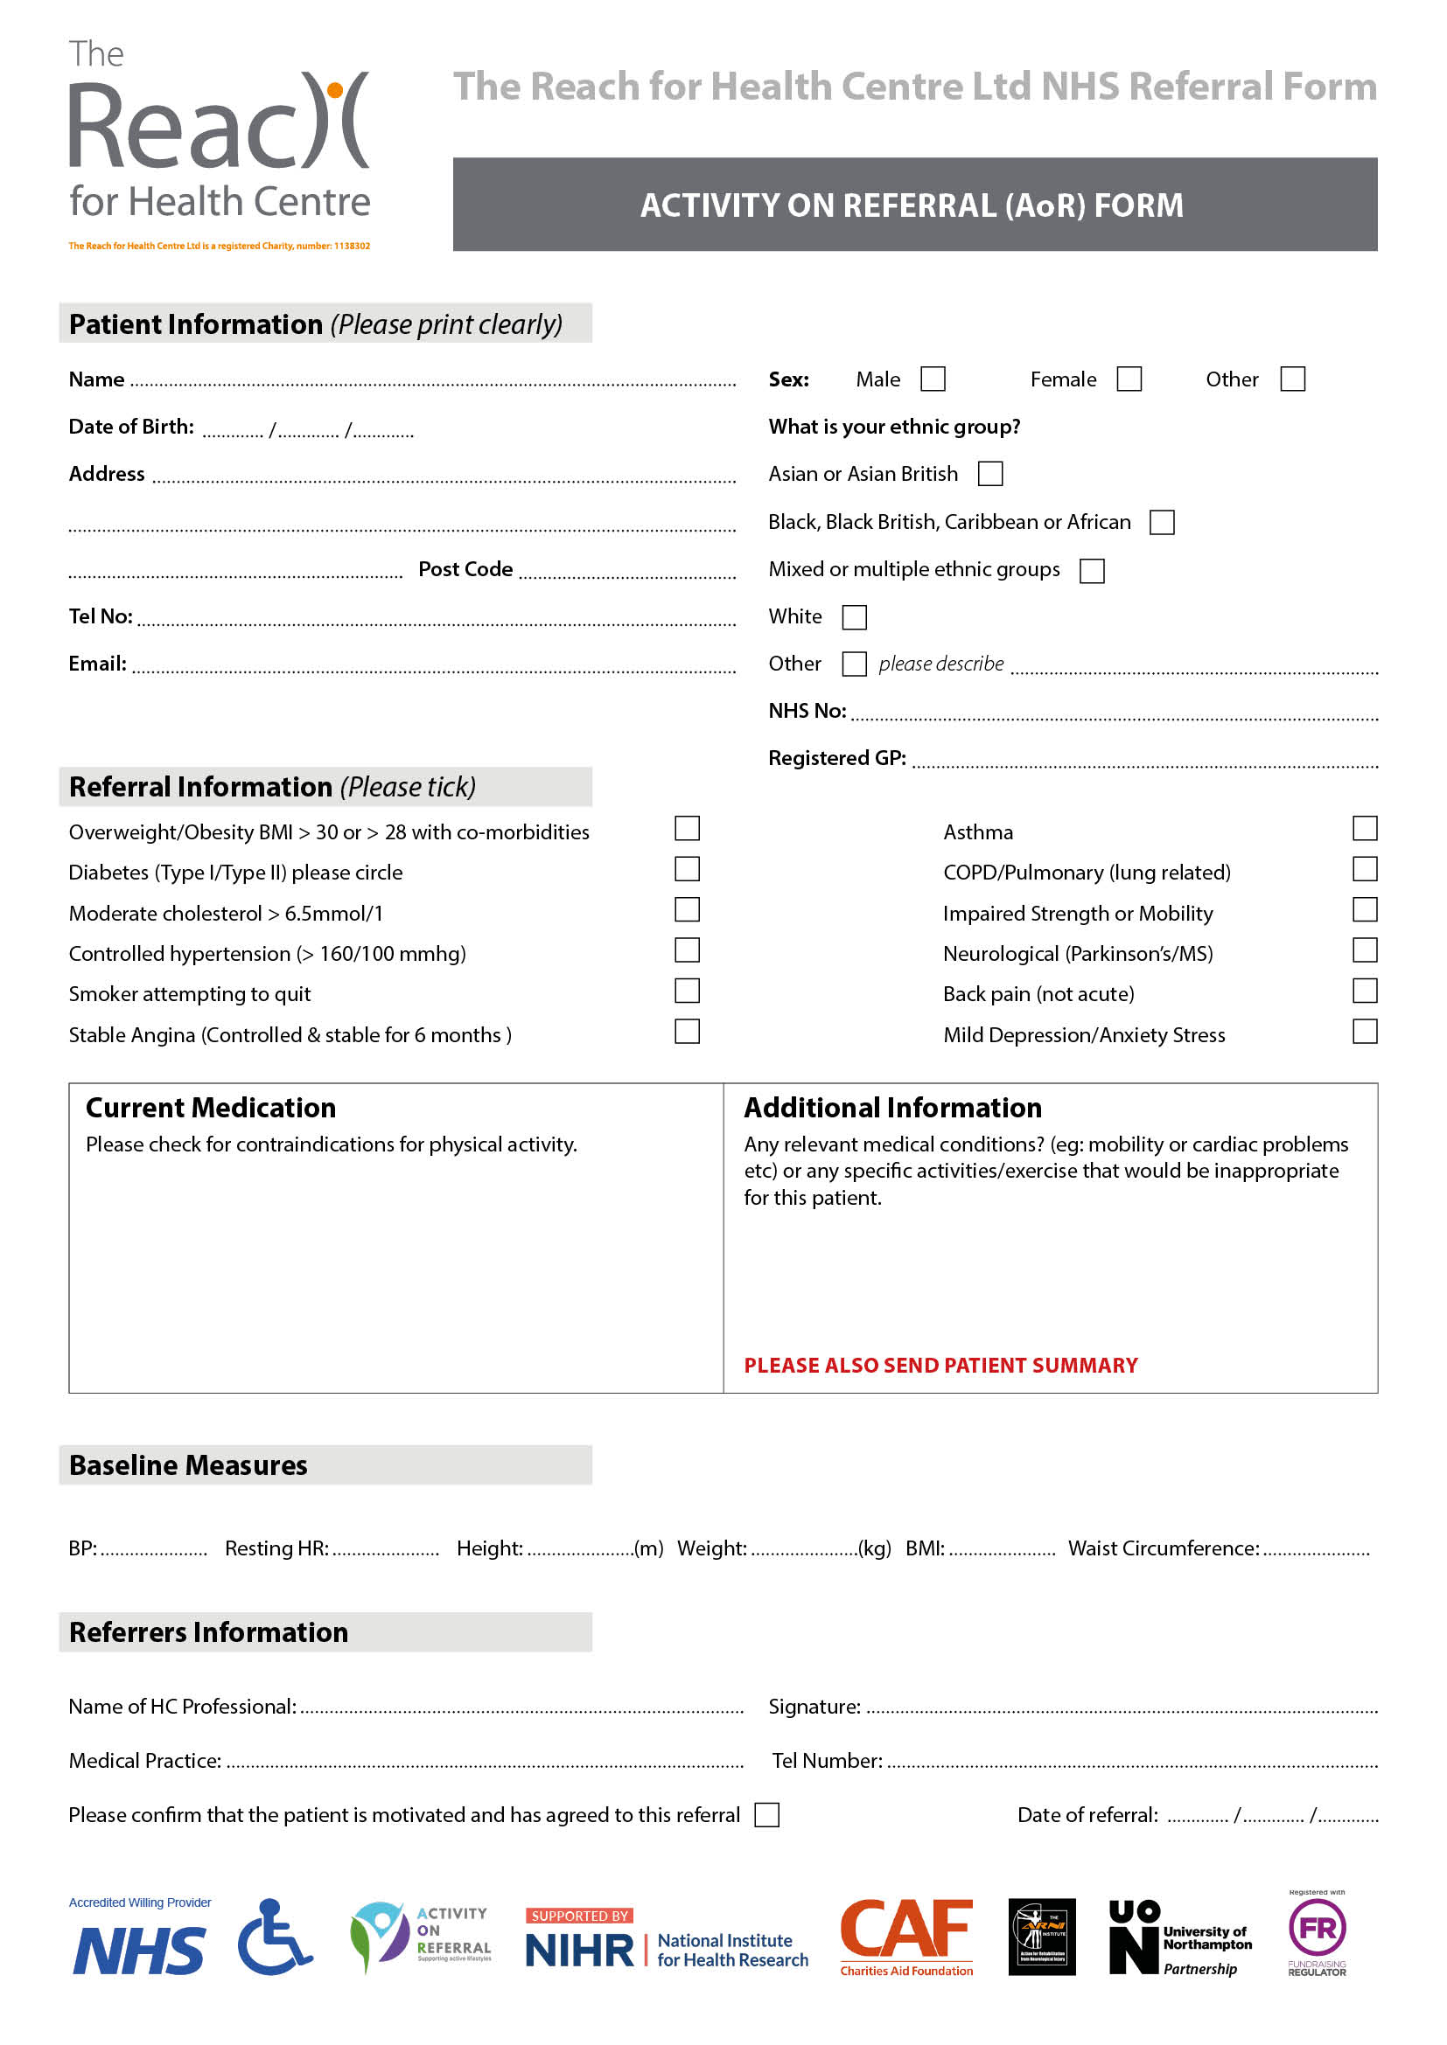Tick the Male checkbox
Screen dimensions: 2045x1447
tap(933, 379)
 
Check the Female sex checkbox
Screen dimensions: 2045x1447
tap(1129, 379)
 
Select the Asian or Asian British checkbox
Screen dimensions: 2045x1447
tap(990, 474)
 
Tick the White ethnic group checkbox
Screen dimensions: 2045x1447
tap(854, 616)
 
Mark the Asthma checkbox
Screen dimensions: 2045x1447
tap(1364, 828)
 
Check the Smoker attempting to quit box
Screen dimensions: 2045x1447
tap(687, 991)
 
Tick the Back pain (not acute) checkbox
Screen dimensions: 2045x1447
tap(1364, 991)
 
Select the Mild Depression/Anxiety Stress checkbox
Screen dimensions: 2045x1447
tap(1364, 1032)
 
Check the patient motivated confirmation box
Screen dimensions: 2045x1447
tap(766, 1814)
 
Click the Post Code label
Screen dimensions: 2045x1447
tap(465, 569)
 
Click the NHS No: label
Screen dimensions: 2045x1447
tap(807, 711)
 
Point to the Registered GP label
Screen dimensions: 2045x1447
tap(836, 758)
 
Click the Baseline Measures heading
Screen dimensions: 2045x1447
tap(188, 1465)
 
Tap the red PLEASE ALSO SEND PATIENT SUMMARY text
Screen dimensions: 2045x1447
tap(941, 1366)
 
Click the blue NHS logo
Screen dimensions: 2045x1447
tap(139, 1951)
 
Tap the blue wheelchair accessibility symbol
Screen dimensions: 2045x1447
tap(276, 1937)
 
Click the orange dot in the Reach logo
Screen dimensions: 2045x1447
tap(335, 90)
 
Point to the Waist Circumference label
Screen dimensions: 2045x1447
tap(1164, 1548)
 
